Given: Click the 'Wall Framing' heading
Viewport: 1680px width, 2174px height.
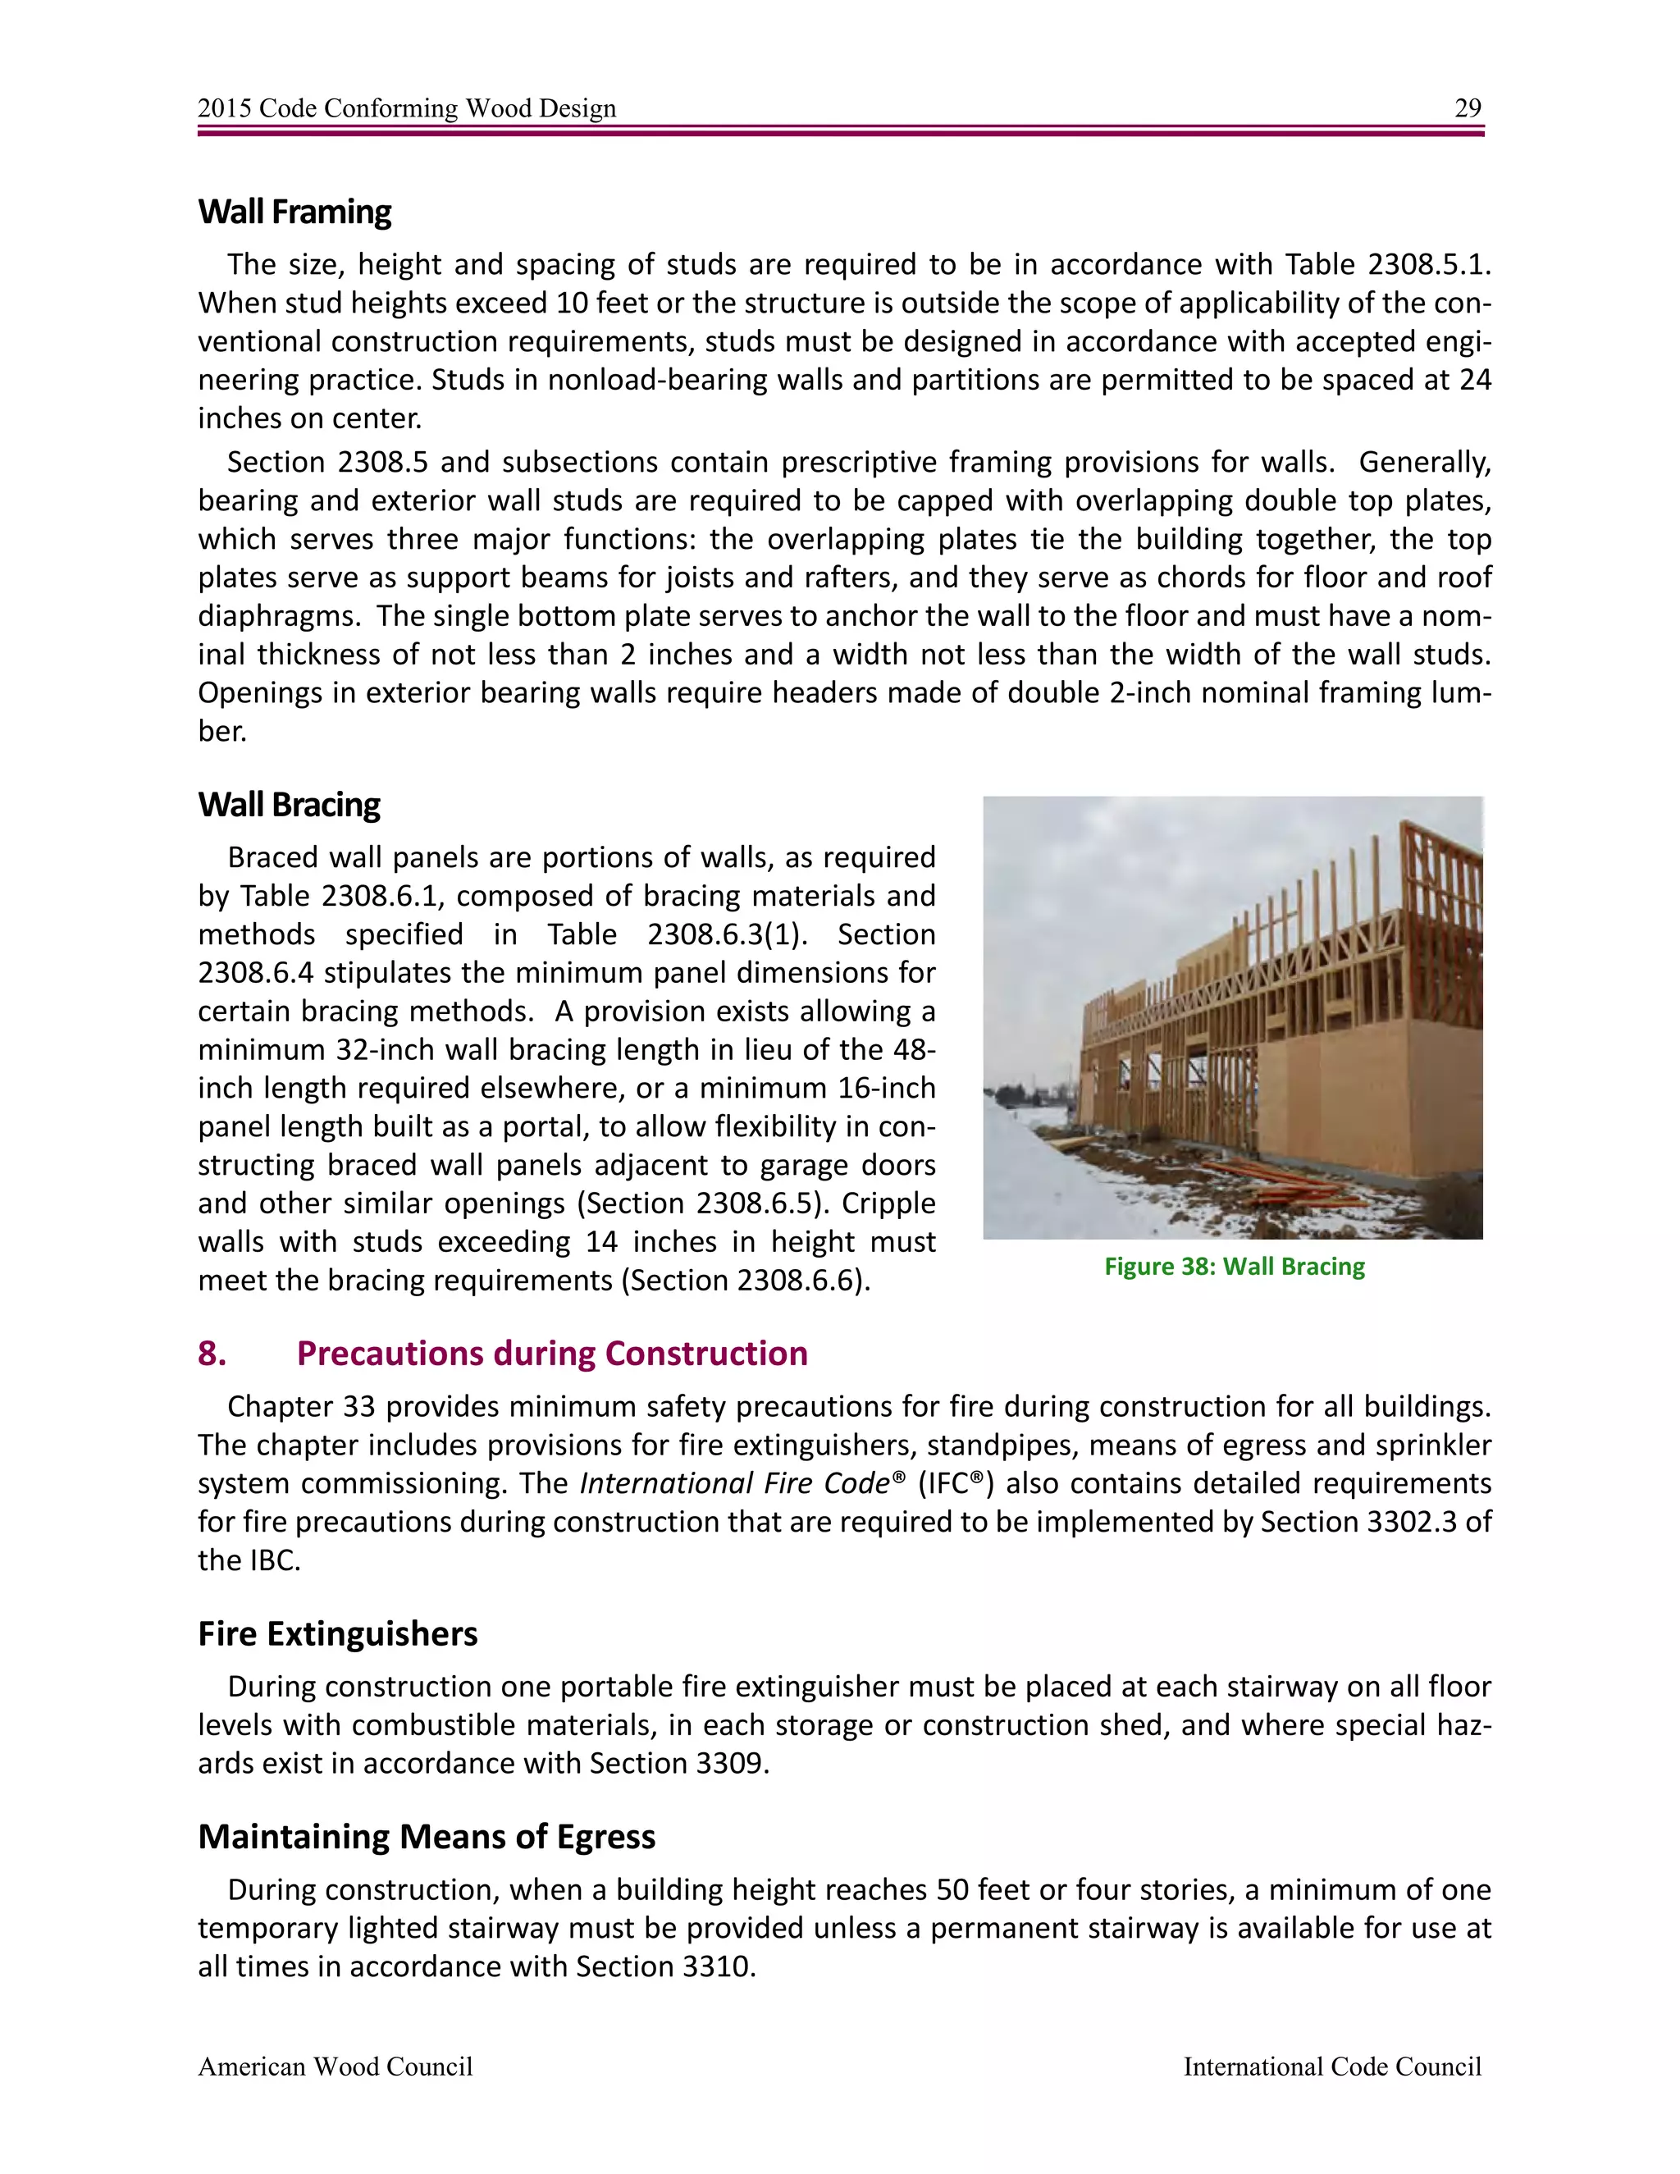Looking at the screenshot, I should (294, 212).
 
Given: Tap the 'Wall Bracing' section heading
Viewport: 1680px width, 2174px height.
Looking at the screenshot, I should (289, 804).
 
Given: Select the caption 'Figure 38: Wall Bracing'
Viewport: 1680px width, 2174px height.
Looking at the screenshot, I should (1234, 1266).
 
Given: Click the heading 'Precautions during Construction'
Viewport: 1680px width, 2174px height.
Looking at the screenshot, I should (551, 1354).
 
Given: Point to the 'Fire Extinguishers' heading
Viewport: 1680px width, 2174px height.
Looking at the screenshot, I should (337, 1634).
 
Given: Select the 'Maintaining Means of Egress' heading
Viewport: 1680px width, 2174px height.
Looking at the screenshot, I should (426, 1837).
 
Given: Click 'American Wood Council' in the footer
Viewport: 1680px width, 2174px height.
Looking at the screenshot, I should (335, 2067).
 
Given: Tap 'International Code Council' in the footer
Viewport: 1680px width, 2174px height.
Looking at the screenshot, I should (1331, 2067).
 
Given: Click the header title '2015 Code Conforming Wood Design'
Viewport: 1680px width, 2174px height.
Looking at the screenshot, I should (406, 108).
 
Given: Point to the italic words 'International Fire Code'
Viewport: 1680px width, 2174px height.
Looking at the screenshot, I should (734, 1484).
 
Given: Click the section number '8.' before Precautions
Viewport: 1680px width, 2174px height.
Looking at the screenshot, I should (212, 1354).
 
